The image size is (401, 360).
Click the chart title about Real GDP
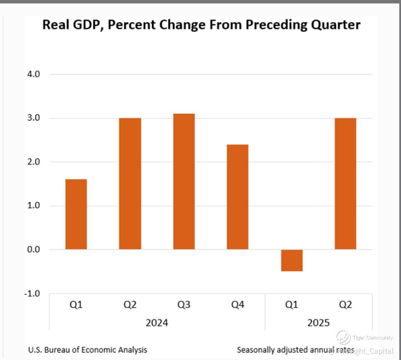[x=201, y=25]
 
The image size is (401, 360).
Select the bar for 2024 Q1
[x=76, y=214]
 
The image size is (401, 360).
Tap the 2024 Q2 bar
[x=130, y=183]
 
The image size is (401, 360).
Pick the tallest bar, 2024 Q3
[x=184, y=181]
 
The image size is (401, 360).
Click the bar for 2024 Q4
[x=238, y=197]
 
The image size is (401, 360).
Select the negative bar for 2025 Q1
[x=292, y=260]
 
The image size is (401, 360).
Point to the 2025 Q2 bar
[x=346, y=183]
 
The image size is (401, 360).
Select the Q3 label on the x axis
[x=184, y=305]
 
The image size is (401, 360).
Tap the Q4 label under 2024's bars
[x=238, y=305]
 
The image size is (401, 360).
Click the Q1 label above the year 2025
[x=292, y=305]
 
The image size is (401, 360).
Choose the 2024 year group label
[x=157, y=322]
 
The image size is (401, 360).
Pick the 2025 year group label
[x=319, y=322]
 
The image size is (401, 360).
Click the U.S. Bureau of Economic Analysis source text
[x=87, y=350]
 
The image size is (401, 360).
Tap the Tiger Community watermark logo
[x=343, y=338]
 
